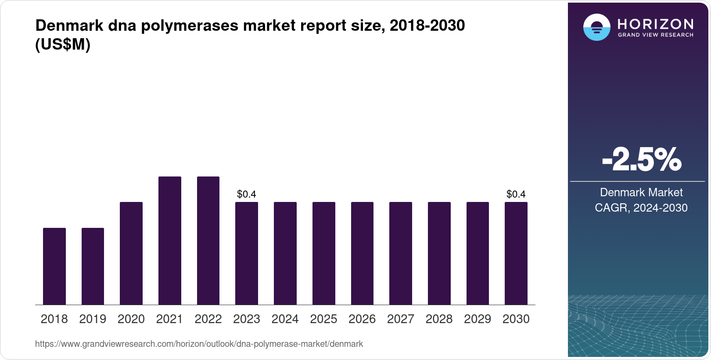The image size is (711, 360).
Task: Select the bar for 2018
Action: [x=54, y=266]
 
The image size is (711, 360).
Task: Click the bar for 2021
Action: [x=170, y=241]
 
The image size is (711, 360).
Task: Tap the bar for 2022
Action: [x=208, y=241]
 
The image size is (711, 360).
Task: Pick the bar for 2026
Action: [x=362, y=253]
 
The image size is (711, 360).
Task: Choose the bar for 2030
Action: [x=516, y=253]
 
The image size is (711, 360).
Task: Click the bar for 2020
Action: [x=131, y=253]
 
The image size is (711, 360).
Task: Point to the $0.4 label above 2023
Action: [x=246, y=194]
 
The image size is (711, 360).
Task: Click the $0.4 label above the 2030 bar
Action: [x=516, y=194]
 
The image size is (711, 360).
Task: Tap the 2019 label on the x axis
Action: [x=93, y=319]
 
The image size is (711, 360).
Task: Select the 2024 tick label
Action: [x=285, y=319]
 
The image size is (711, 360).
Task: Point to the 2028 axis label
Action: [x=439, y=319]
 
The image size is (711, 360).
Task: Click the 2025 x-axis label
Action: [x=323, y=319]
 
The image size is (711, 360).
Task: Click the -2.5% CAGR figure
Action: [x=641, y=160]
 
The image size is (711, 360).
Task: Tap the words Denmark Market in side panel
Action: [x=641, y=192]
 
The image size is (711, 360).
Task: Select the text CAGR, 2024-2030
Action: [x=641, y=208]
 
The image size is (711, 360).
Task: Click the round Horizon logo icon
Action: [x=596, y=27]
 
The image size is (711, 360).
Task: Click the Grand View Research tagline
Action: [x=655, y=35]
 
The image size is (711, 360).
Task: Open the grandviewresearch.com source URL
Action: [x=199, y=344]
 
